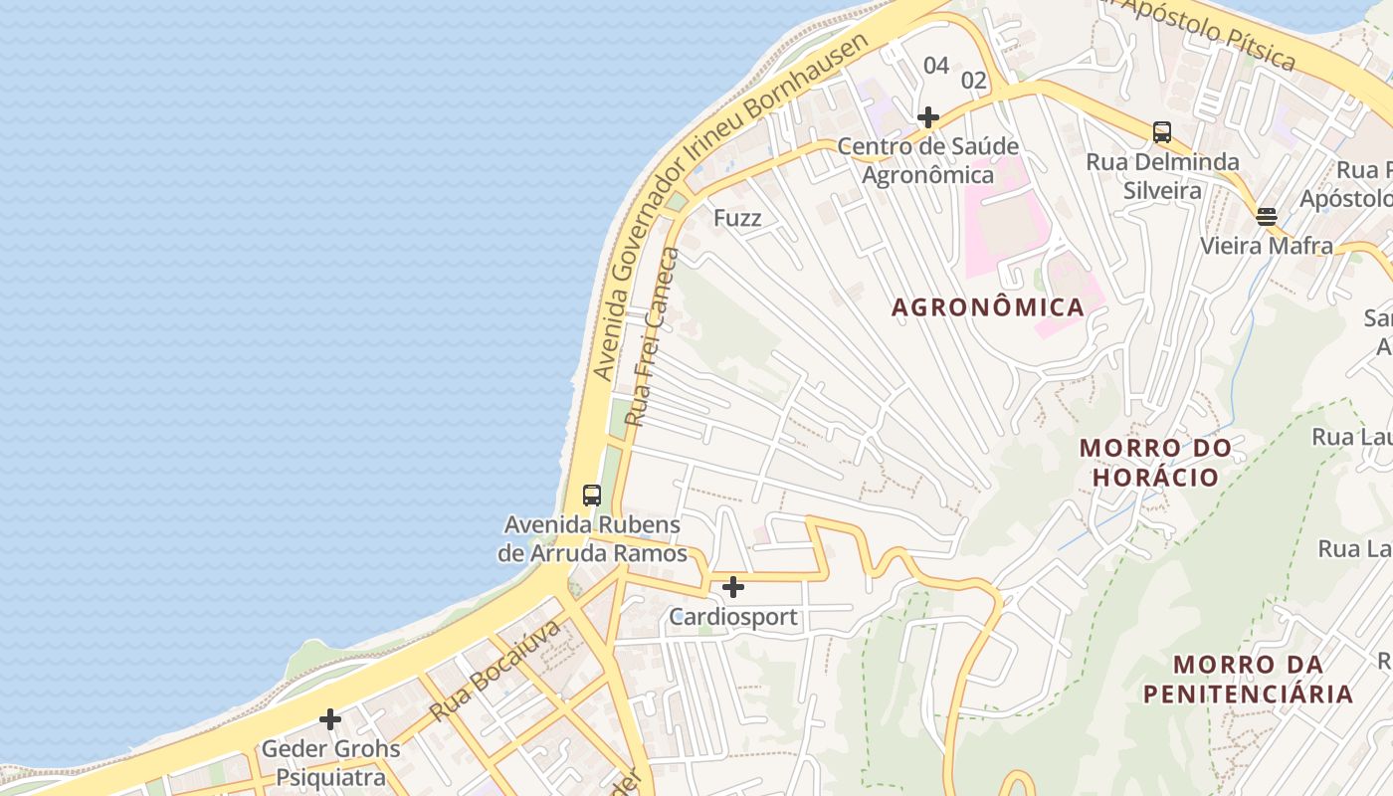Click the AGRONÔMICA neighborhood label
click(x=987, y=307)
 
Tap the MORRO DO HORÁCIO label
click(x=1155, y=463)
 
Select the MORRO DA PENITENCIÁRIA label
click(x=1248, y=679)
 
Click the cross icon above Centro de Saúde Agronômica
click(x=928, y=117)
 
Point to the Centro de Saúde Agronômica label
click(x=927, y=161)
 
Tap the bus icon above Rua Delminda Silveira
click(x=1161, y=131)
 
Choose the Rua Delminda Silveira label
click(x=1162, y=176)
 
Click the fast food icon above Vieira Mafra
click(x=1266, y=216)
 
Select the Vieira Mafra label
click(x=1266, y=245)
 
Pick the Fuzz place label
click(x=737, y=217)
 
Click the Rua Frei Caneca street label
click(x=654, y=337)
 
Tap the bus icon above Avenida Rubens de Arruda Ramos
click(x=591, y=495)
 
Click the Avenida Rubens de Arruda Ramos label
click(x=594, y=539)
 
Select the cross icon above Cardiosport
click(x=733, y=587)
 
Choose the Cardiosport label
click(x=733, y=617)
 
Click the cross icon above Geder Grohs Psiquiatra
click(x=330, y=718)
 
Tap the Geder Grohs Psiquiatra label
click(x=330, y=762)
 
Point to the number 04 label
click(x=935, y=66)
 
